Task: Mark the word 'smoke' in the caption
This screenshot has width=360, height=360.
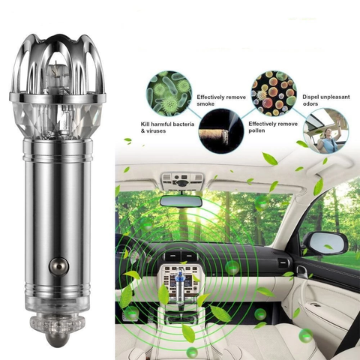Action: (x=206, y=104)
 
